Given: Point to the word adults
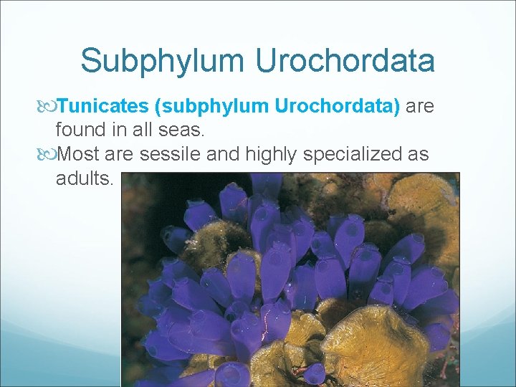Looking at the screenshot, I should tap(84, 178).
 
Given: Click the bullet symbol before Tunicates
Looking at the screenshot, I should tap(48, 107).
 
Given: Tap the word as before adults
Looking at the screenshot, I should tap(420, 154).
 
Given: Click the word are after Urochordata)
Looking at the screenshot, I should tap(420, 107).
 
